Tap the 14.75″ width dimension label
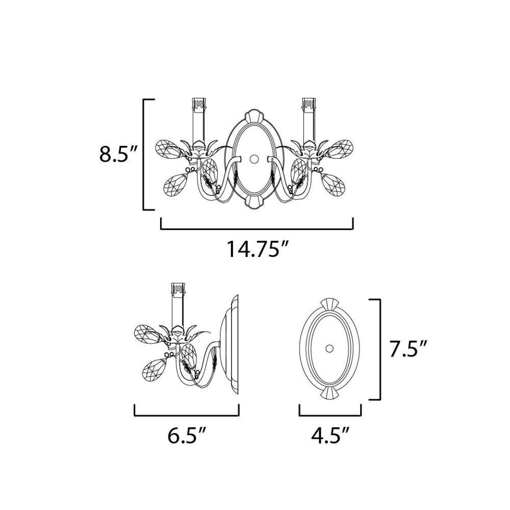257,249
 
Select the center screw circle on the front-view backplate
254,159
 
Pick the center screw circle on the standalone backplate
330,348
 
